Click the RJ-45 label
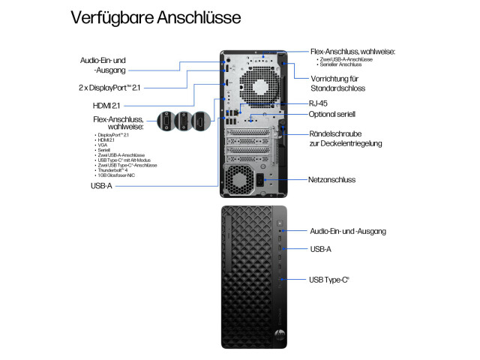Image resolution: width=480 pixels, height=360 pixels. click(x=319, y=103)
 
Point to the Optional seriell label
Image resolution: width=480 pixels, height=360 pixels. click(x=332, y=114)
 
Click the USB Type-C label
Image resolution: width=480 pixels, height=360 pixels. click(x=329, y=280)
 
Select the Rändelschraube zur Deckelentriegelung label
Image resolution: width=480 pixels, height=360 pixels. click(x=345, y=138)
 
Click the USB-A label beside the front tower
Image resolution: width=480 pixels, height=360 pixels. click(x=321, y=248)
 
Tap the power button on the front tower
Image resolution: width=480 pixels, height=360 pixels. click(x=280, y=223)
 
